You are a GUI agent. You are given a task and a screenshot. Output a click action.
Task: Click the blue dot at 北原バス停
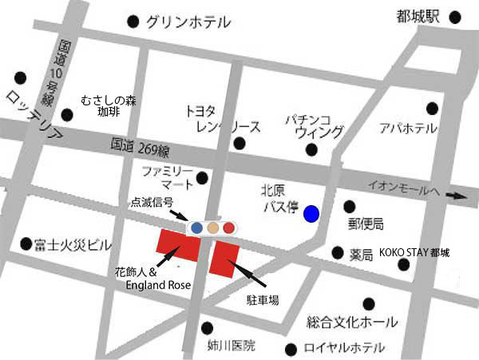click(311, 213)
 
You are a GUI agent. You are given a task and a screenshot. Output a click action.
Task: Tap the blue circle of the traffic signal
click(196, 228)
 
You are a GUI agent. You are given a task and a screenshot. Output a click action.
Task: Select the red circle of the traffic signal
click(228, 228)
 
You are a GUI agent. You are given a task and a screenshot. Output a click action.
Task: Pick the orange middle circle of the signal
click(212, 228)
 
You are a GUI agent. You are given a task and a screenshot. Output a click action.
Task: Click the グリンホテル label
click(188, 22)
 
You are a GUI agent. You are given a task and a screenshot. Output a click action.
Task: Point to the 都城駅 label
click(419, 17)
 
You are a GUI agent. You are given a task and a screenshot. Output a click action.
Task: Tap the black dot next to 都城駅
click(455, 17)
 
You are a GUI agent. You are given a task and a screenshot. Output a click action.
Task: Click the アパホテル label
click(408, 129)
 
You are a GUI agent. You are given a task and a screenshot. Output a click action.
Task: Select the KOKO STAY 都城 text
click(414, 253)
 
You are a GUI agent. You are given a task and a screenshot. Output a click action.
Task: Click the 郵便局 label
click(366, 224)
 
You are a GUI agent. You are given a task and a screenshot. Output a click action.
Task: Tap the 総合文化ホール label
click(352, 322)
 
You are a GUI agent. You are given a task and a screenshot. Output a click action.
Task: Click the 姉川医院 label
click(232, 346)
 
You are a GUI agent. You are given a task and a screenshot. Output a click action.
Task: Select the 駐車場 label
click(263, 301)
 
